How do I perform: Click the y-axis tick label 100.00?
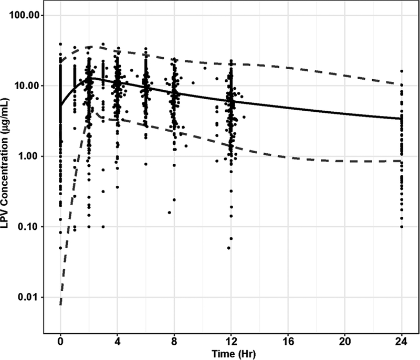click(26, 15)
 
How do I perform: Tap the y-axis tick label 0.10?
click(30, 227)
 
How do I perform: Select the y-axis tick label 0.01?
click(30, 298)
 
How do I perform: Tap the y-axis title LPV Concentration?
click(8, 174)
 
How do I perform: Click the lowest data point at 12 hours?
click(229, 248)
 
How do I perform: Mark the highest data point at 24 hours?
click(402, 71)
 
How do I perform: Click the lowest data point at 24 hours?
click(402, 227)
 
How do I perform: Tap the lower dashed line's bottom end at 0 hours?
click(60, 304)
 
